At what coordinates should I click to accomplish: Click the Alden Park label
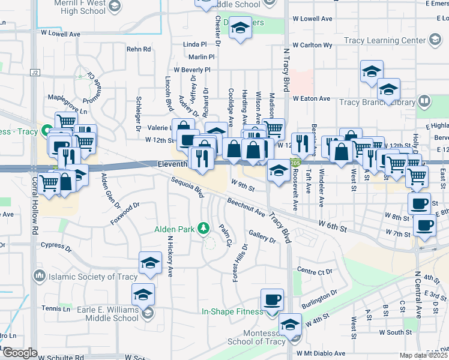(173, 229)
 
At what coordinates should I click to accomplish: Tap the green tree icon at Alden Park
(203, 228)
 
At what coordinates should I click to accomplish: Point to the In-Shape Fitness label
(232, 311)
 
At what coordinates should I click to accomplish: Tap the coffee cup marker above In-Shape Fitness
(272, 299)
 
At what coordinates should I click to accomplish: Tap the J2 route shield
(35, 73)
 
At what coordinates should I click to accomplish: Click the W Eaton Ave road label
(312, 98)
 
